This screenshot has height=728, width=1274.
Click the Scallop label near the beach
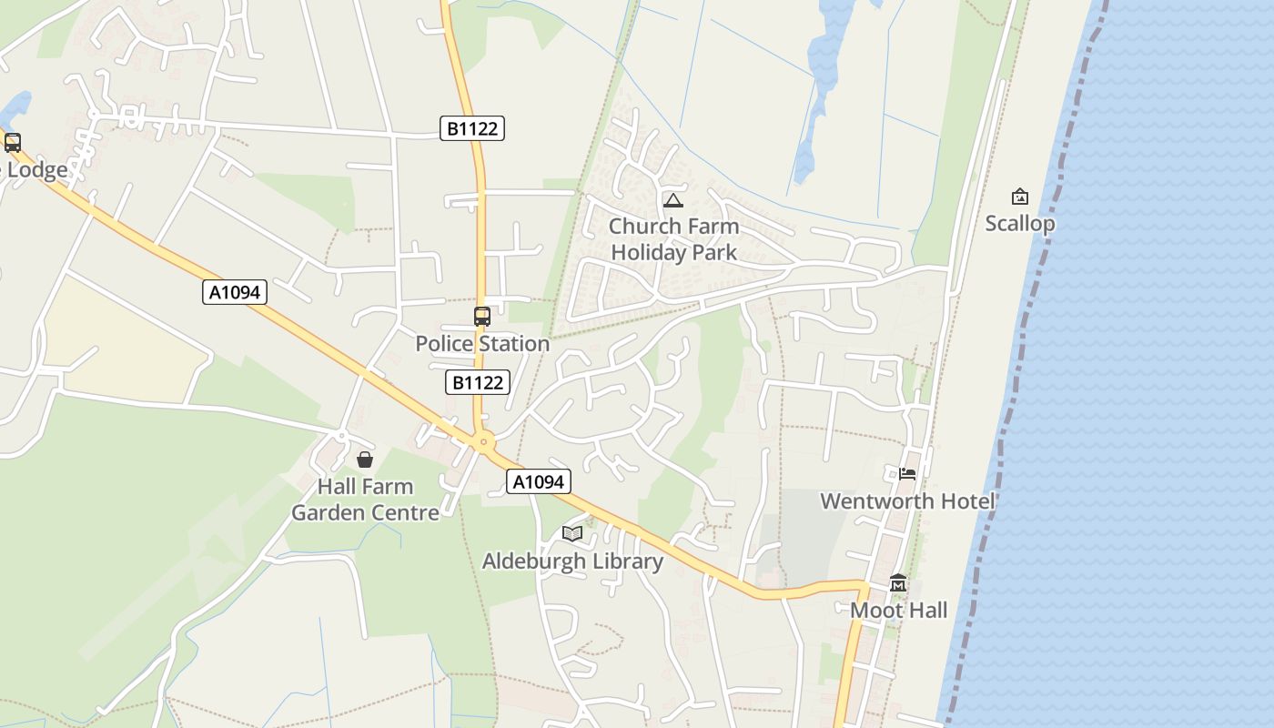coord(1020,224)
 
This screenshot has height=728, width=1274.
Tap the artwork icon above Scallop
coord(1020,197)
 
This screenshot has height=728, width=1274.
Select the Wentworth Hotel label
coord(907,501)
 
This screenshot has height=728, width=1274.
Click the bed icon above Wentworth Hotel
coord(907,473)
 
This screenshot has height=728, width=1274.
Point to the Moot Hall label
coord(898,611)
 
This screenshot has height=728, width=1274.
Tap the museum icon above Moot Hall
coord(898,583)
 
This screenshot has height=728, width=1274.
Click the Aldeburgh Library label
coord(572,561)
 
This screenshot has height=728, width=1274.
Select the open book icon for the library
coord(572,533)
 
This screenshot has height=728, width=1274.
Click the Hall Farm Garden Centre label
coord(365,500)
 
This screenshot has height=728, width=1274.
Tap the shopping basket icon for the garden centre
coord(365,460)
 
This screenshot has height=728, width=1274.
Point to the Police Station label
coord(482,344)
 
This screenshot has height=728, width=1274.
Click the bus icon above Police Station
coord(482,317)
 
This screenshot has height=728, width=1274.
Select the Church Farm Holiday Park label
coord(673,239)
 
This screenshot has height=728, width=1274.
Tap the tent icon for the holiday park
coord(673,200)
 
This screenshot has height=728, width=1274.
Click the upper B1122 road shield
coord(472,128)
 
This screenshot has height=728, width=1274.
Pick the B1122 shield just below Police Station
coord(478,382)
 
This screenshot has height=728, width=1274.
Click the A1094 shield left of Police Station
coord(234,292)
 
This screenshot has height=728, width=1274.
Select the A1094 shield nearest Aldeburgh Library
coord(538,481)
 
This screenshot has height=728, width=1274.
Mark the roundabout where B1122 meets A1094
coord(484,443)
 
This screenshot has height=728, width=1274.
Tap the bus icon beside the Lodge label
coord(13,143)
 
